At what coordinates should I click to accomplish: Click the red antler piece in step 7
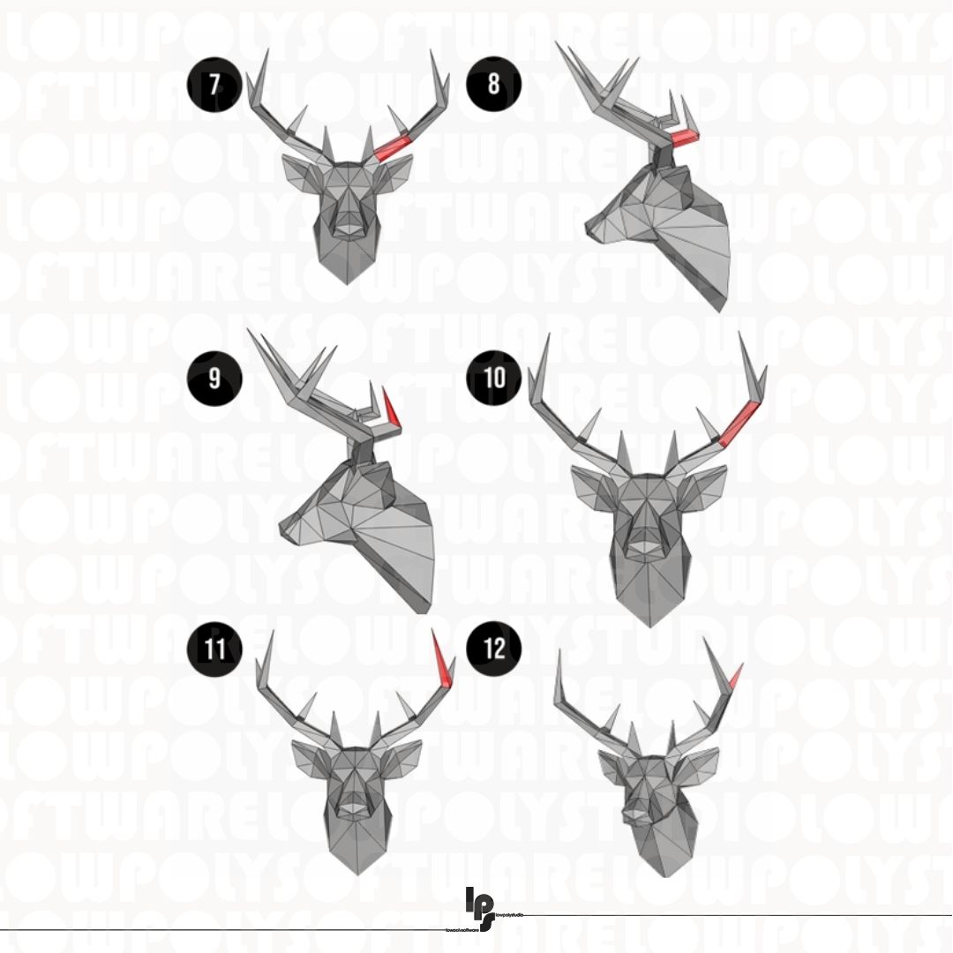[394, 146]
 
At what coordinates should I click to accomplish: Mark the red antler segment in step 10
[739, 421]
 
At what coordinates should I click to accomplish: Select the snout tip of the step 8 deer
[592, 231]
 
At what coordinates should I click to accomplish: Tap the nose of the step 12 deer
[634, 809]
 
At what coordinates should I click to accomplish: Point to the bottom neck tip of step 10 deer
[650, 624]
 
